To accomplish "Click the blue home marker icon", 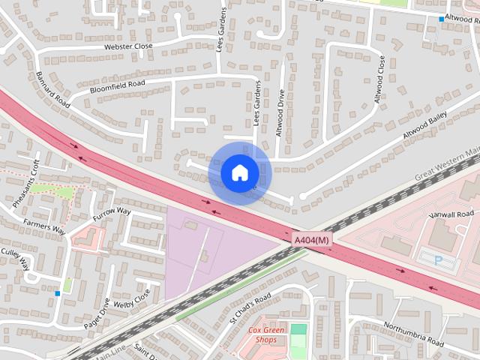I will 239,173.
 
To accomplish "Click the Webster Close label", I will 127,46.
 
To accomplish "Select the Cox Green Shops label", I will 262,335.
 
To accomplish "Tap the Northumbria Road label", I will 413,334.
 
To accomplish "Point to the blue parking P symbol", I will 439,259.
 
